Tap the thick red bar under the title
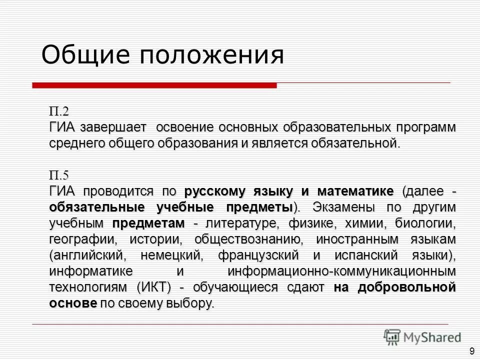click(154, 85)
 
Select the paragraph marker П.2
click(59, 110)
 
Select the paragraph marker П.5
click(59, 175)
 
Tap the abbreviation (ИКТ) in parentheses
click(165, 287)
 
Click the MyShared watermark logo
click(423, 336)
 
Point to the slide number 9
click(472, 351)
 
